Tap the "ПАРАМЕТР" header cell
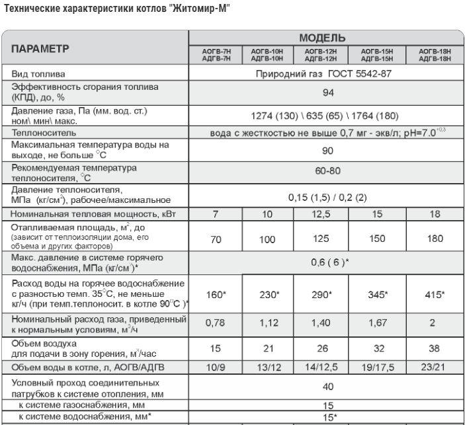point(40,48)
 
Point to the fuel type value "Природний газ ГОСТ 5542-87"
point(324,73)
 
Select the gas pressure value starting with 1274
point(323,115)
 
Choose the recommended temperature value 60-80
point(324,171)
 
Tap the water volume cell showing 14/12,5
point(323,365)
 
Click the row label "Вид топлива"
point(36,74)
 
